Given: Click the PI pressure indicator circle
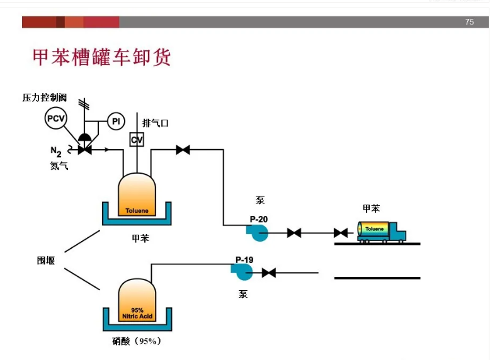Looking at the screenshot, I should [116, 121].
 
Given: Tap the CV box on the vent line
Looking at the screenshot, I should [137, 139].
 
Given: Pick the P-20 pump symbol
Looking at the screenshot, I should [258, 232].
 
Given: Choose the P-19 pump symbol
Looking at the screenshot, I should [242, 271].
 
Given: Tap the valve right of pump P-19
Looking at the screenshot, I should [269, 273].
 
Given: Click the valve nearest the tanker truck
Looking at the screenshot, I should [341, 233].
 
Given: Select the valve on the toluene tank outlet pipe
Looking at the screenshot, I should [183, 150].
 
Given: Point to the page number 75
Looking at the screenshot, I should [469, 22].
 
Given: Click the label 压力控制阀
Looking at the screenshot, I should [44, 98].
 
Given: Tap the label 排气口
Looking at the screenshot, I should [156, 123].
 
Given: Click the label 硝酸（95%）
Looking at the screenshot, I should [137, 341].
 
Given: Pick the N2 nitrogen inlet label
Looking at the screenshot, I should [56, 151].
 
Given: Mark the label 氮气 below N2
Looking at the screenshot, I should [59, 166].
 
